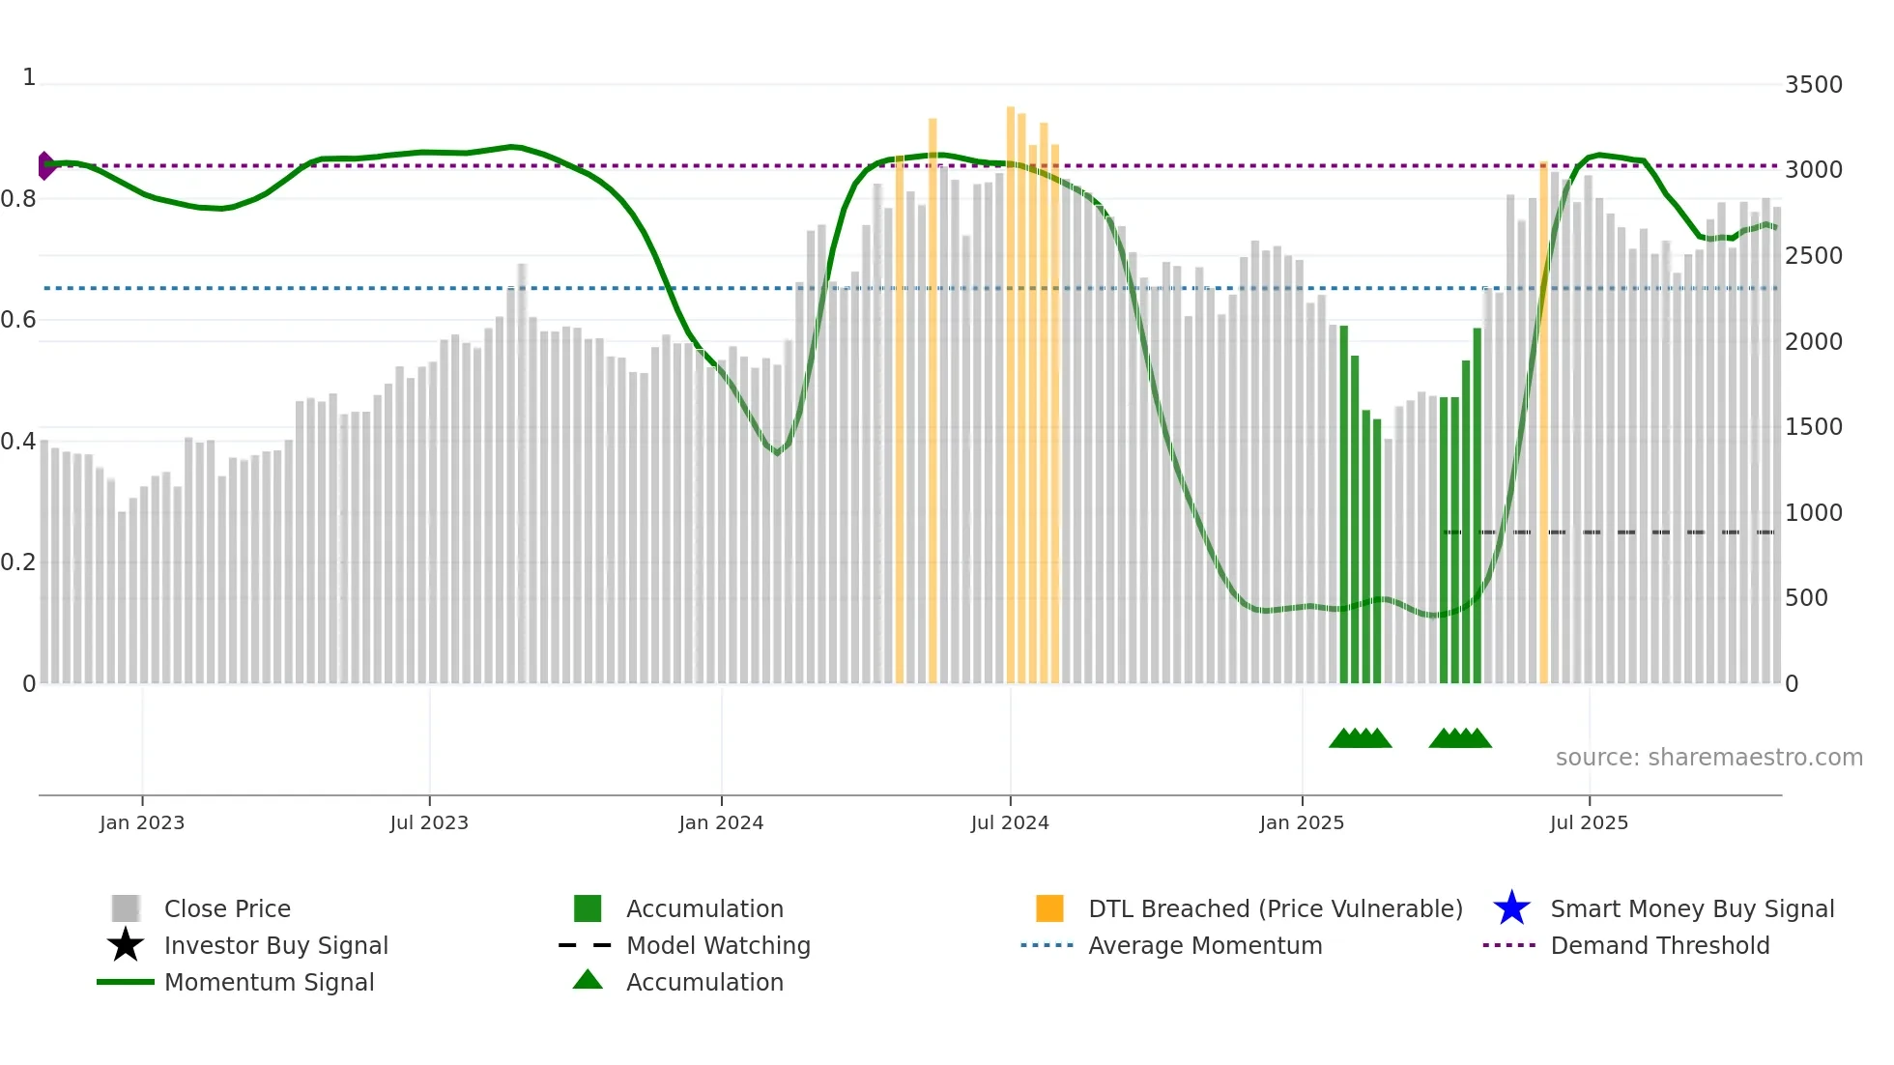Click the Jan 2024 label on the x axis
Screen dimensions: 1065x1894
click(721, 822)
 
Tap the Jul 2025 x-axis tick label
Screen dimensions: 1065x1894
click(1589, 822)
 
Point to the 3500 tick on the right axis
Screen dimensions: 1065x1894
click(1813, 85)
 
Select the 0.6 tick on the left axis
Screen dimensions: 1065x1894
click(18, 320)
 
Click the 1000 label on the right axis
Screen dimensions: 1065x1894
click(1813, 513)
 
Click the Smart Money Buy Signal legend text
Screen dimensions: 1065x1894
click(1691, 908)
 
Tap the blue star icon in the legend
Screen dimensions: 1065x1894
click(1511, 908)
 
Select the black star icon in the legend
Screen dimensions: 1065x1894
click(126, 945)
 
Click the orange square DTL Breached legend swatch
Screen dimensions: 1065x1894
click(1049, 908)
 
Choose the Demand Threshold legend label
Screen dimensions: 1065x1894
click(1659, 945)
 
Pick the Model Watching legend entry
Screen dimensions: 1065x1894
click(717, 945)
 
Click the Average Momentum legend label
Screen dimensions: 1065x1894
click(1204, 945)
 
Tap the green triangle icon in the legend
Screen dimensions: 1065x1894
click(588, 981)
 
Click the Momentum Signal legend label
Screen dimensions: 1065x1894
click(269, 982)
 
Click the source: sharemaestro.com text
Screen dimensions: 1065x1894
click(1708, 758)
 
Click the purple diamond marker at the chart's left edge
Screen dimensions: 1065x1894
click(45, 165)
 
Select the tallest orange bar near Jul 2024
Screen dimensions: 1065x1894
click(1011, 387)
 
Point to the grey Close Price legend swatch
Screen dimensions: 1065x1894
click(126, 908)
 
